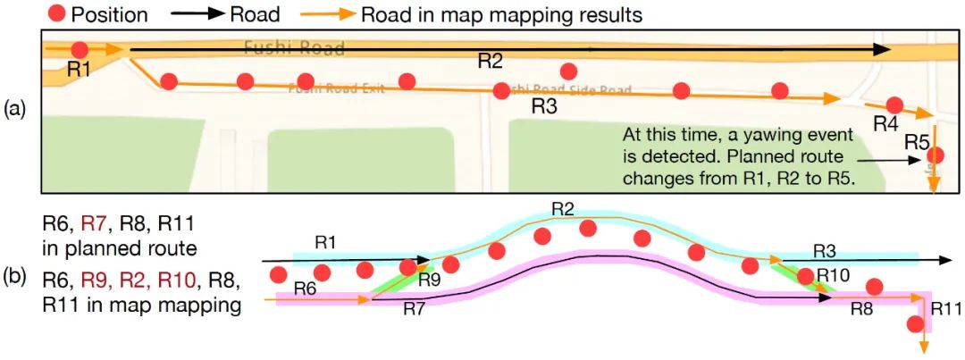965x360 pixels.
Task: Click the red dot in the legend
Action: (55, 15)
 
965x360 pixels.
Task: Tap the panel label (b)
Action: (15, 279)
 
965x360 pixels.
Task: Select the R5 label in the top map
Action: (917, 140)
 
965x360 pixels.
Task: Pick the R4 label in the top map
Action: (885, 125)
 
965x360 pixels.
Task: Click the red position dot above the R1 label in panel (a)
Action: (80, 50)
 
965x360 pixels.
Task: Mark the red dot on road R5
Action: (936, 155)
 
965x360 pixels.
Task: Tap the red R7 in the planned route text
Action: (94, 222)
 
